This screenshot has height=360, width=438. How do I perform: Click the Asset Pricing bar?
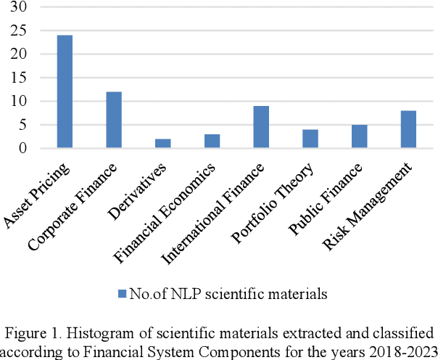(x=65, y=92)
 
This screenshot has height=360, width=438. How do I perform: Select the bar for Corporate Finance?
(x=114, y=120)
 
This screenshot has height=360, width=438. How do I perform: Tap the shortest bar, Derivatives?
(x=163, y=144)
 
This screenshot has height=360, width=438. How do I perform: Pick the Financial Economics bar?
(x=212, y=142)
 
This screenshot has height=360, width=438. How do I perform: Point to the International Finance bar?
(x=261, y=128)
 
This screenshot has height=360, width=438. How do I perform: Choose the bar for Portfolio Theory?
(x=310, y=139)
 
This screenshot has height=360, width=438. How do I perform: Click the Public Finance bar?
(x=359, y=137)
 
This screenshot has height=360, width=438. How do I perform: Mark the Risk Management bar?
(x=408, y=130)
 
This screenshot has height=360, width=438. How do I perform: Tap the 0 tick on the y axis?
(x=23, y=149)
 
